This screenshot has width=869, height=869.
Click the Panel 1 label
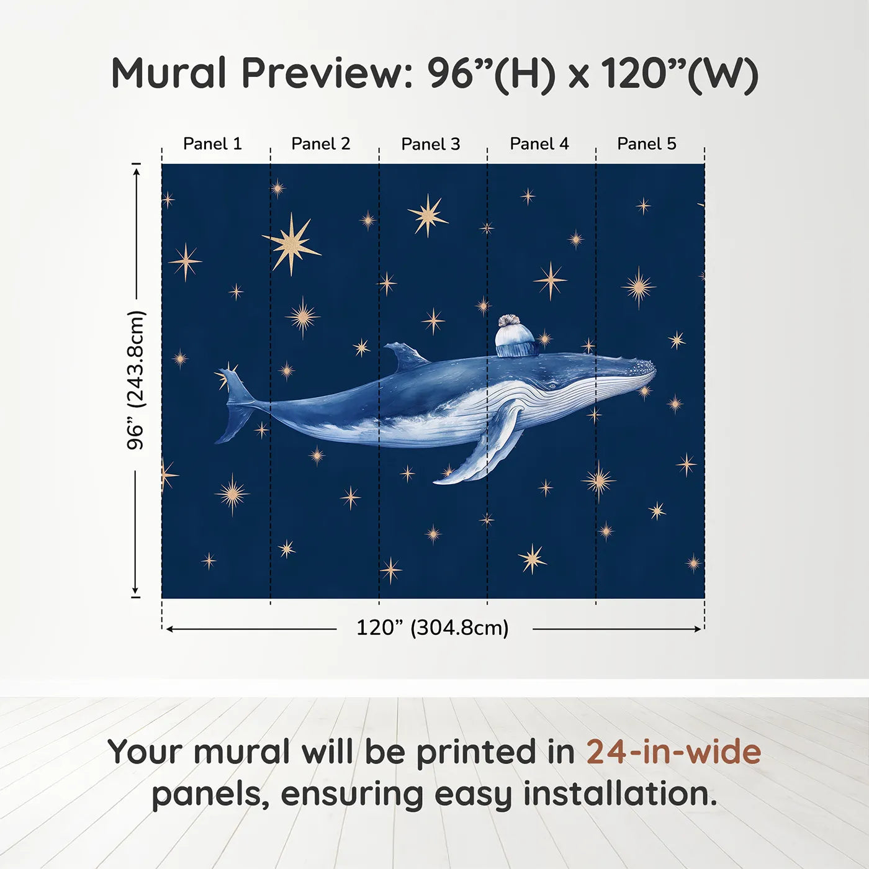[212, 143]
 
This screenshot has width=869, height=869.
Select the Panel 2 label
[320, 143]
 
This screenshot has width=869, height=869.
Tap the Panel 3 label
[430, 144]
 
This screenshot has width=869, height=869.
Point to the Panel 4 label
[539, 143]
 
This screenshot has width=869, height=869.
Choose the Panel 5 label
[646, 143]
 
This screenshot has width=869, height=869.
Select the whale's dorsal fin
[404, 356]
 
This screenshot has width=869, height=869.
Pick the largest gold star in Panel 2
[291, 243]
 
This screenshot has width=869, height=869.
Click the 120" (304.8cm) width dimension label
[432, 628]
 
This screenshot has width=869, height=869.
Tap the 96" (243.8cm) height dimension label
[135, 380]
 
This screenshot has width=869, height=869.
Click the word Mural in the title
[169, 73]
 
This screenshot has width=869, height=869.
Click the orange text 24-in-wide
[673, 752]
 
